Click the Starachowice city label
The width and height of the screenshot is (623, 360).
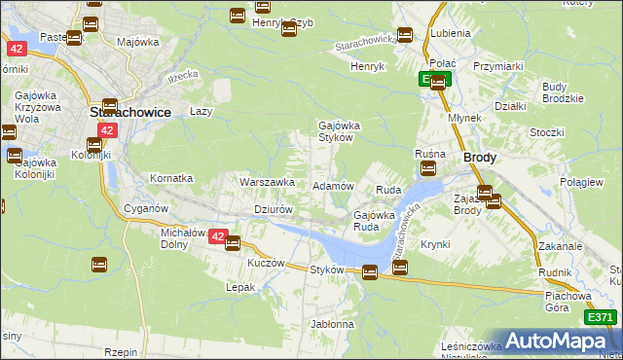tap(129, 112)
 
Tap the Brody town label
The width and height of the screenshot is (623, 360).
tap(480, 157)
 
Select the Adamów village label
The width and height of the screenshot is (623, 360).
tap(332, 185)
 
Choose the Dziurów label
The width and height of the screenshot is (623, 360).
tap(274, 209)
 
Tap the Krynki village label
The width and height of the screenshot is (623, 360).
tap(435, 244)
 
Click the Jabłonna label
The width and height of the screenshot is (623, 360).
tap(332, 324)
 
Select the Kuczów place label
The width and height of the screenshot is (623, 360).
tap(265, 263)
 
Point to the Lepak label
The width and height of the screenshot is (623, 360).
tap(240, 287)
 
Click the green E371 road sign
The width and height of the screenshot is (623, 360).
tap(601, 317)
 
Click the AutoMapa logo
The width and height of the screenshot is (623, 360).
tap(556, 342)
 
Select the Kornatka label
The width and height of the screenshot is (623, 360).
tap(171, 179)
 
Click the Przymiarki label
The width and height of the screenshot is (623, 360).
tap(498, 66)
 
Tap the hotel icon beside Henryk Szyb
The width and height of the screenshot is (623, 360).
tap(288, 29)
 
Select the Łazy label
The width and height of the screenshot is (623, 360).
tap(201, 112)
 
